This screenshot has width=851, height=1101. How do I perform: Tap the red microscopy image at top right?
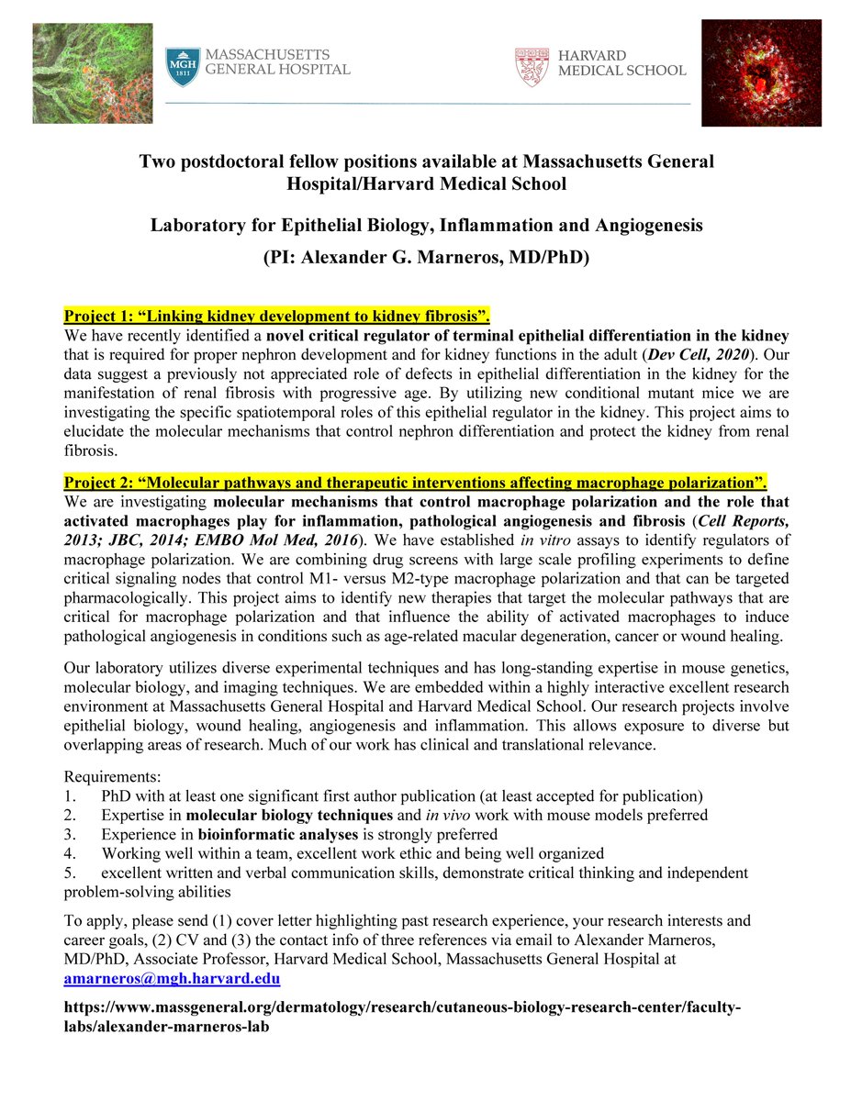pyautogui.click(x=761, y=73)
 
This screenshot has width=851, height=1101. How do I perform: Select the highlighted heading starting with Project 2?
pyautogui.click(x=415, y=484)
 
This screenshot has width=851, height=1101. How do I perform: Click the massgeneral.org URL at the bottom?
pyautogui.click(x=401, y=1018)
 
